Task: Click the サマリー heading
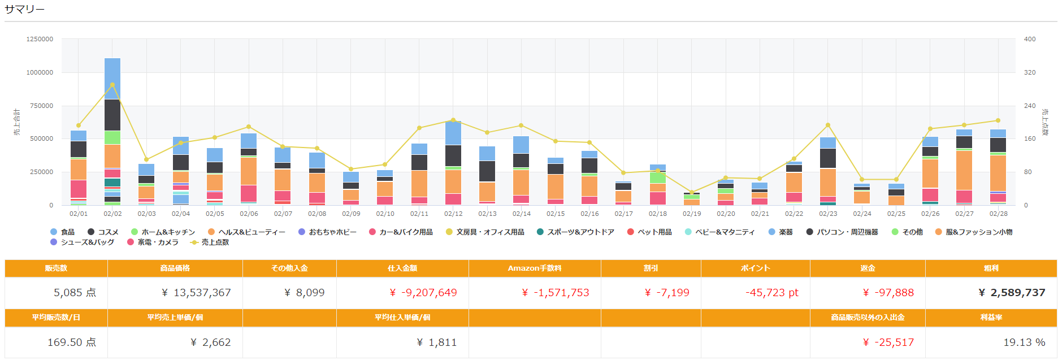[x=24, y=9]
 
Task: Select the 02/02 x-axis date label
[x=112, y=214]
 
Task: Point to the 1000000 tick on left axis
[x=40, y=72]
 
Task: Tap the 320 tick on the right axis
[x=1030, y=72]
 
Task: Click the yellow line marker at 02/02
[x=112, y=85]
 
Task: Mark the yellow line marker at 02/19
[x=692, y=192]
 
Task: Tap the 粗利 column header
[x=991, y=268]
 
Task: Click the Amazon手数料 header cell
[x=534, y=268]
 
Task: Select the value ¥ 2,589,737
[x=1012, y=292]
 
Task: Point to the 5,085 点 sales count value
[x=75, y=292]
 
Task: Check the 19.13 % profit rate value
[x=1024, y=342]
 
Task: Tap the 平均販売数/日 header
[x=56, y=317]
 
